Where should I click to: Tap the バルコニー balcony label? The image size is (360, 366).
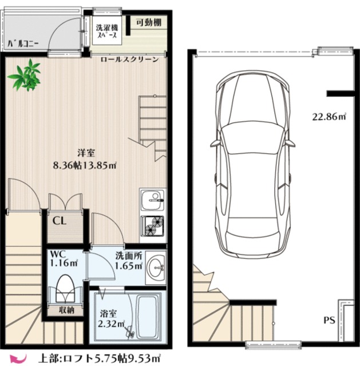[x=23, y=44]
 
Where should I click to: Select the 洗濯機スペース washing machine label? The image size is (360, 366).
[x=107, y=31]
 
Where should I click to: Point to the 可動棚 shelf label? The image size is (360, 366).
[x=149, y=23]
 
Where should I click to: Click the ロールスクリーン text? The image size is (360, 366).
[x=130, y=59]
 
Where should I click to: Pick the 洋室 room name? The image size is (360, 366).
[x=86, y=153]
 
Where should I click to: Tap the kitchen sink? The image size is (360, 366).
[x=152, y=200]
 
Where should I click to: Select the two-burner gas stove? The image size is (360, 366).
[x=152, y=225]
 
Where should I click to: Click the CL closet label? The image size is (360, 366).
[x=60, y=221]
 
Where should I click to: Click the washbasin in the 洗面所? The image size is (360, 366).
[x=156, y=268]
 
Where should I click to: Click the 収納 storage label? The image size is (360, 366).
[x=66, y=310]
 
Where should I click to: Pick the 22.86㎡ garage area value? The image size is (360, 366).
[x=330, y=116]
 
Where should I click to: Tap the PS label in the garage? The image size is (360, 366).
[x=330, y=320]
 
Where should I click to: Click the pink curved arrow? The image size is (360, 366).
[x=18, y=357]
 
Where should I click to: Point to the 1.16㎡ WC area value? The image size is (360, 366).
[x=64, y=263]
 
